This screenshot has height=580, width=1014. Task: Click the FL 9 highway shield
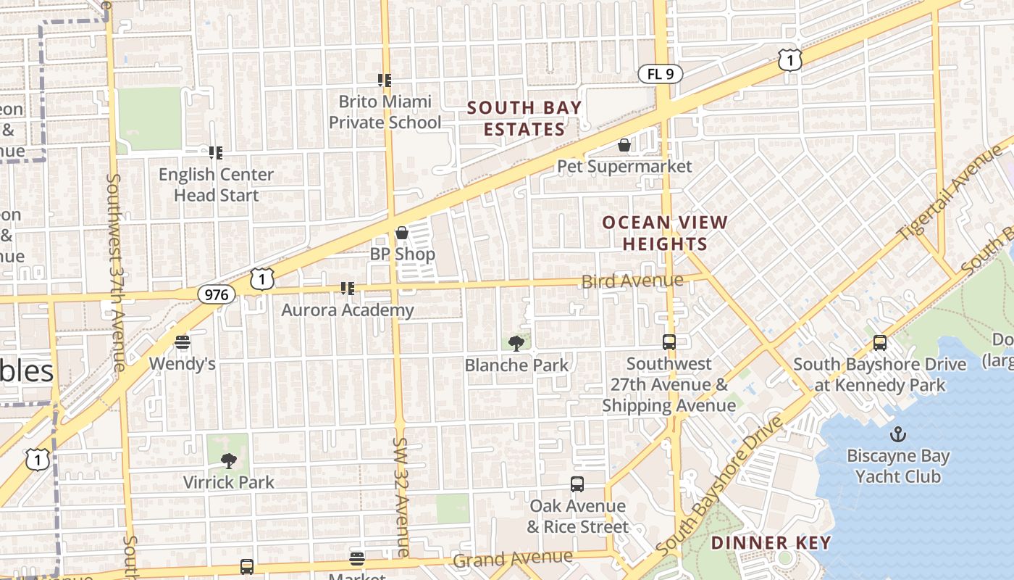point(660,73)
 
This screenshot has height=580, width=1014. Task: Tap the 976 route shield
point(216,294)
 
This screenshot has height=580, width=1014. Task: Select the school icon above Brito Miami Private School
point(385,80)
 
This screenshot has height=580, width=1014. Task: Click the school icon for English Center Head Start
point(215,153)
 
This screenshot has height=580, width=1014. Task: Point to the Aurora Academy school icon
point(348,289)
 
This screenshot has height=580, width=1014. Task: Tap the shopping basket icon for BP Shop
point(402,233)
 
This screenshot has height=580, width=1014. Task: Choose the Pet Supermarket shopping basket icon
point(624,145)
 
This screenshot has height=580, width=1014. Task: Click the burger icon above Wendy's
point(183,341)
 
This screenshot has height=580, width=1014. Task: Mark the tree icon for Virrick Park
point(229,460)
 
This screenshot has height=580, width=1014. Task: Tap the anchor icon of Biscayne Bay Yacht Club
point(898,434)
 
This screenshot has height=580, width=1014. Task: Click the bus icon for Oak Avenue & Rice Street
point(577,484)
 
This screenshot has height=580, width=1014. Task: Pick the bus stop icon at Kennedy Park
point(880,342)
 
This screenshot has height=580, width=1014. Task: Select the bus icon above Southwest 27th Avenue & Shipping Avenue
point(669,342)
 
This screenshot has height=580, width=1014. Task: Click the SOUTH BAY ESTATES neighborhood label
point(524,119)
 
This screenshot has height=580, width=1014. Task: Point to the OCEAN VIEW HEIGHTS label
point(665,233)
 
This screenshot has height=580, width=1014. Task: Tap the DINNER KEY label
point(771,542)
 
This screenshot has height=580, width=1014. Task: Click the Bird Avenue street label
point(632,281)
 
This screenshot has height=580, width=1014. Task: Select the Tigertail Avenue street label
point(950,194)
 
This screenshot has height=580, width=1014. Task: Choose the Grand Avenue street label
point(513,559)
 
